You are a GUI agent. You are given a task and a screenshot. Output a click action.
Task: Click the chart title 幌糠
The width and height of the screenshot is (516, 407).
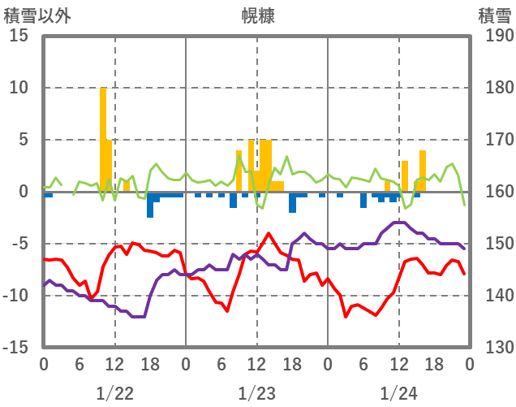257,15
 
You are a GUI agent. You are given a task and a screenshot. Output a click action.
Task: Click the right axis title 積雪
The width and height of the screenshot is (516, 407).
494,15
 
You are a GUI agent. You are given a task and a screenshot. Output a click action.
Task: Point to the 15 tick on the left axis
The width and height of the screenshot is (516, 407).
19,36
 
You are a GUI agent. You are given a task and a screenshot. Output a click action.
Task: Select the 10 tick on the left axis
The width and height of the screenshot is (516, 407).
19,88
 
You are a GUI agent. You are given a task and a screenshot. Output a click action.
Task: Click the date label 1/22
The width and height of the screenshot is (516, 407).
114,393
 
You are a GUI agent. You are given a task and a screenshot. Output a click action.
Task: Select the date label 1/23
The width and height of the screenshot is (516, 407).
256,393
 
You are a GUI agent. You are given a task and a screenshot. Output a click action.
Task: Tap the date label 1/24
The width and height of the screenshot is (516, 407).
398,393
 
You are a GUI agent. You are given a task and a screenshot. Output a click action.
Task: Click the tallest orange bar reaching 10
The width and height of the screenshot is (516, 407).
103,138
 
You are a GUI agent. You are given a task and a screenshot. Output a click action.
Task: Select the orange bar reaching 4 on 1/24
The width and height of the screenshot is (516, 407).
423,171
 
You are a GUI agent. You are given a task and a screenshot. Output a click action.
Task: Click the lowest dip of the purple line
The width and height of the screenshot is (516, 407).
138,316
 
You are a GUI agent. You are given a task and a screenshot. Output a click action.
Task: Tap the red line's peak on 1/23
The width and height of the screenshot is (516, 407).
269,234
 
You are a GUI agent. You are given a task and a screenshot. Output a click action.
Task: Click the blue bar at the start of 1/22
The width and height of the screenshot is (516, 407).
48,195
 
